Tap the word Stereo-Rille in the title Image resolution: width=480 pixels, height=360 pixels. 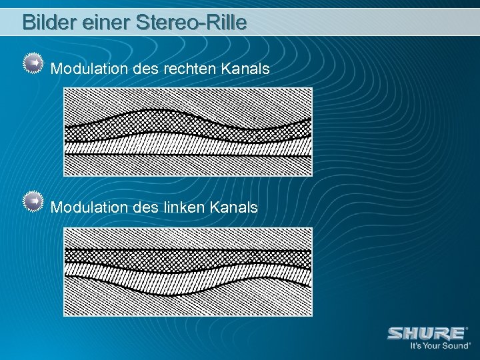coord(191,23)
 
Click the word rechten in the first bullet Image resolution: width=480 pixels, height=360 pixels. coord(184,68)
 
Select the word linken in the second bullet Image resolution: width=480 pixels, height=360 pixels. coord(183,207)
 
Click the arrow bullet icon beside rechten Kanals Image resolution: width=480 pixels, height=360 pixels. coord(33,63)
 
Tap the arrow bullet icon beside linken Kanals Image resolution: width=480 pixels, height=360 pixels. coord(33,202)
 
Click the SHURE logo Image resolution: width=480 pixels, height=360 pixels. coord(427,333)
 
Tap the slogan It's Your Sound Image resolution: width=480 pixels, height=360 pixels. coord(439,346)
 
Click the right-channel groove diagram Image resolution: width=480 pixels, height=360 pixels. coord(187,132)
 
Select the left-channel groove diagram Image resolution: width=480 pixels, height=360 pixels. coord(187,271)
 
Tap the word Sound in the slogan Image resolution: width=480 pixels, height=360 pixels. coord(455,346)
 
